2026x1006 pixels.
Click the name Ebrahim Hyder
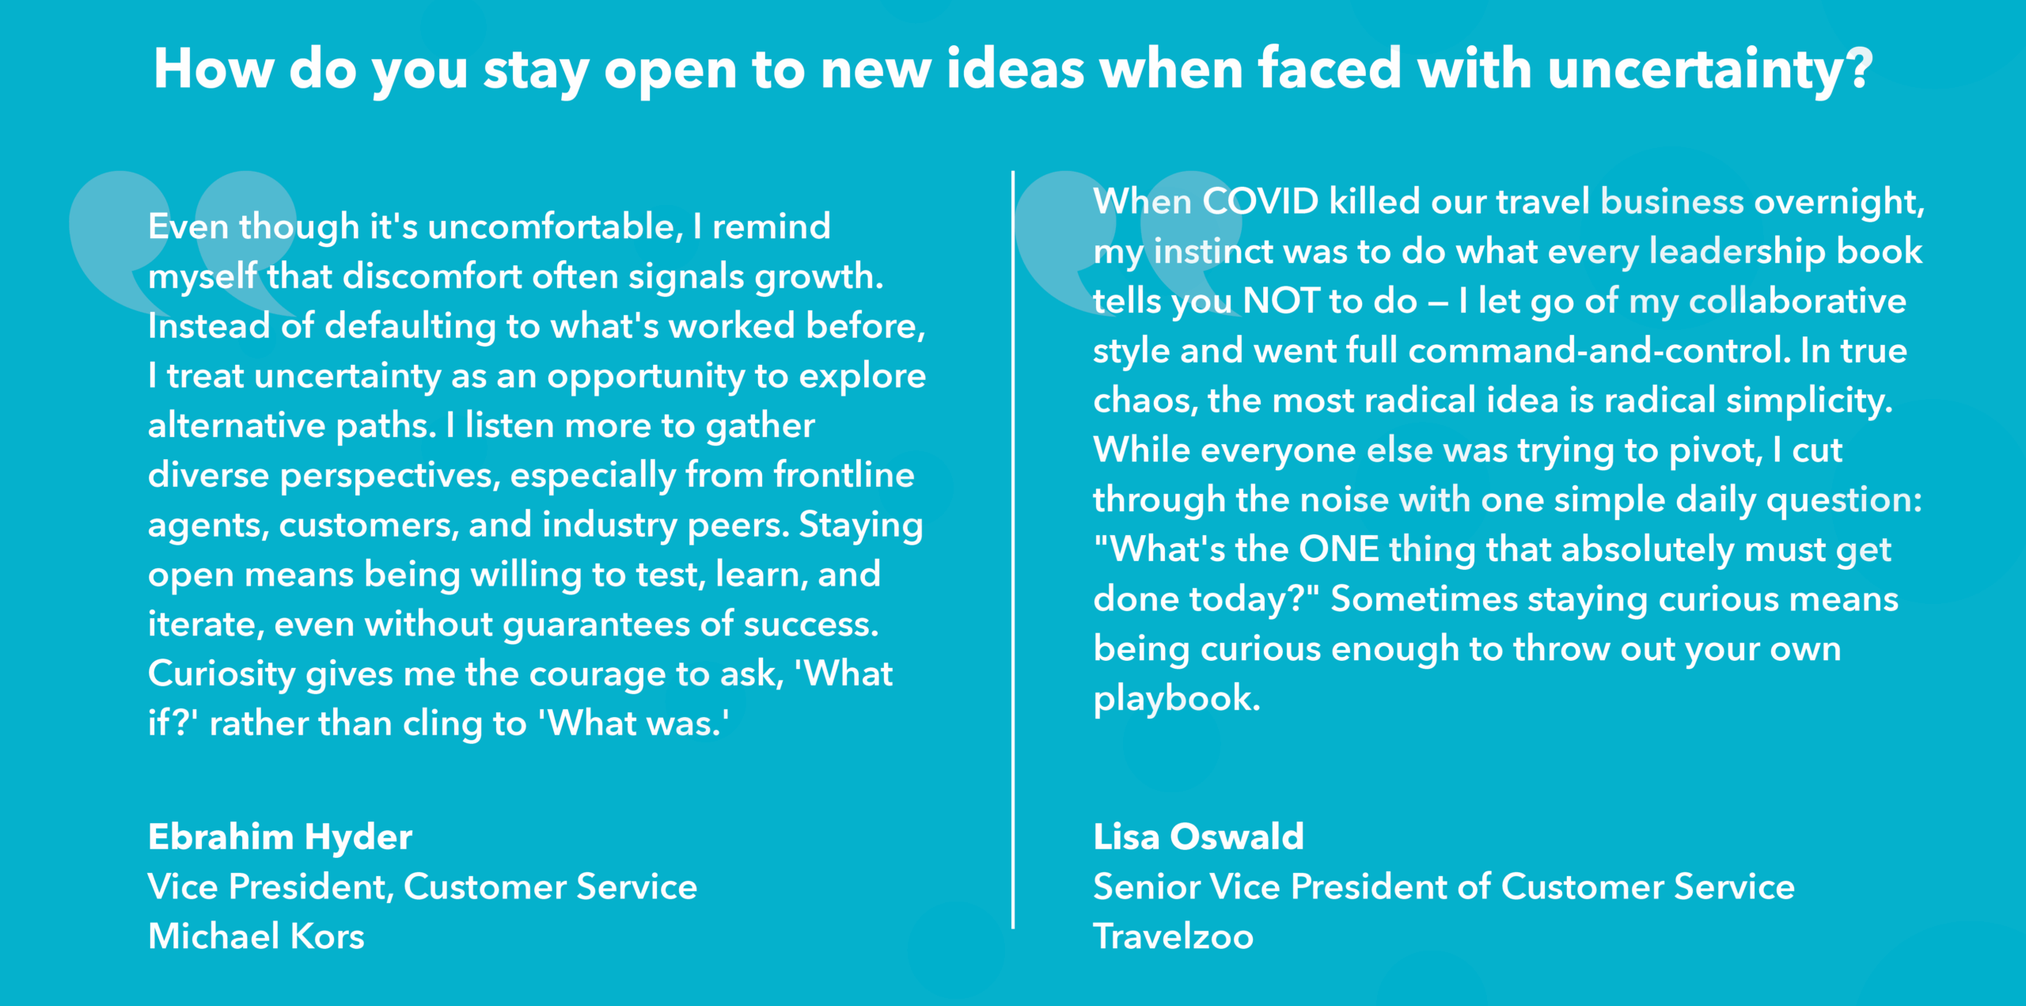click(x=280, y=837)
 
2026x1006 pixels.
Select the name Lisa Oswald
click(x=1198, y=837)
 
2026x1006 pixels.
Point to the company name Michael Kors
click(x=256, y=936)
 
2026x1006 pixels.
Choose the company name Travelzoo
click(x=1173, y=936)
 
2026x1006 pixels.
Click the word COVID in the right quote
click(x=1261, y=201)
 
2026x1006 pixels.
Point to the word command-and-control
click(x=1599, y=351)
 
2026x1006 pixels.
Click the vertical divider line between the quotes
click(x=1013, y=549)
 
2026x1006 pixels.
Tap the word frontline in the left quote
click(x=844, y=475)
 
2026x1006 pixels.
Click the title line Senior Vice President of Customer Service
click(x=1444, y=886)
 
